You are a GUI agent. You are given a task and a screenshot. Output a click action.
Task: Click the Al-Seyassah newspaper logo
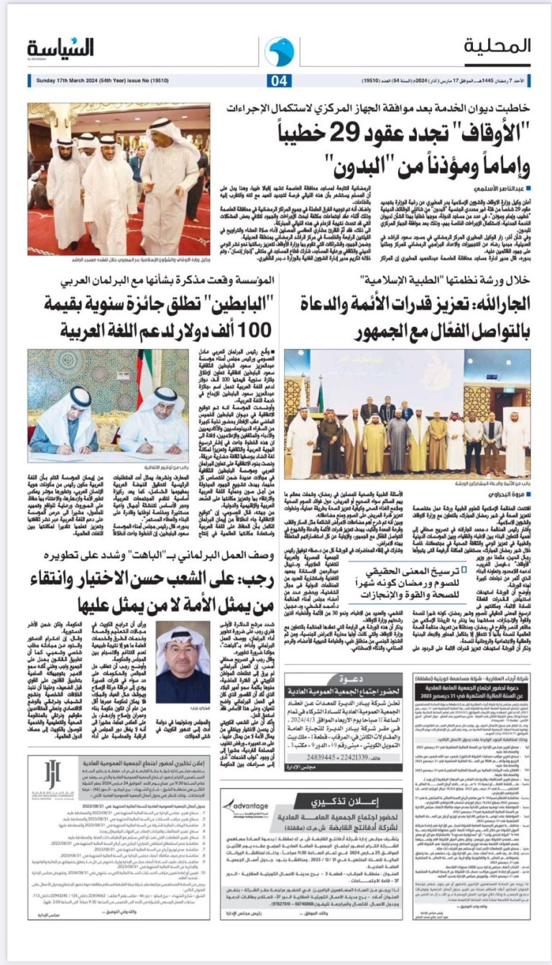61,48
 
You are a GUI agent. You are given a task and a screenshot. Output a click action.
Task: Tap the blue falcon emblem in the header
279,51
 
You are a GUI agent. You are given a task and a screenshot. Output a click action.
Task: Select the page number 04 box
278,80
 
